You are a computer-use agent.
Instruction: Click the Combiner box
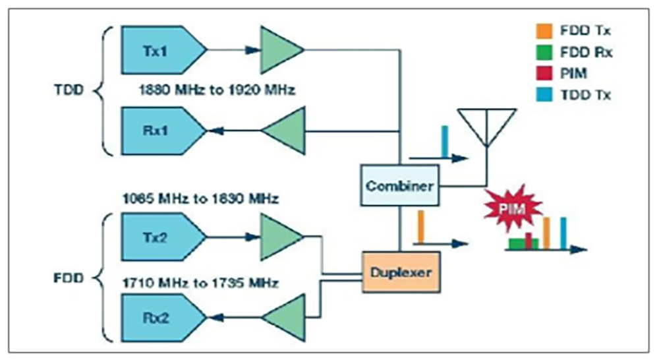[400, 186]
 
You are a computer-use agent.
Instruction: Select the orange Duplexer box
[400, 271]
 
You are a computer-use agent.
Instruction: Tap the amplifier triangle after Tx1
[278, 49]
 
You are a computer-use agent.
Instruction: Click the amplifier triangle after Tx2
[278, 236]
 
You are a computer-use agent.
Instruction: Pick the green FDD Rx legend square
[544, 53]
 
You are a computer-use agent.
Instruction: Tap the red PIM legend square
[544, 74]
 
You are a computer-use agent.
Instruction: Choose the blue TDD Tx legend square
[544, 95]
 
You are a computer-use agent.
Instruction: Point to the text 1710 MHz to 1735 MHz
[200, 284]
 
